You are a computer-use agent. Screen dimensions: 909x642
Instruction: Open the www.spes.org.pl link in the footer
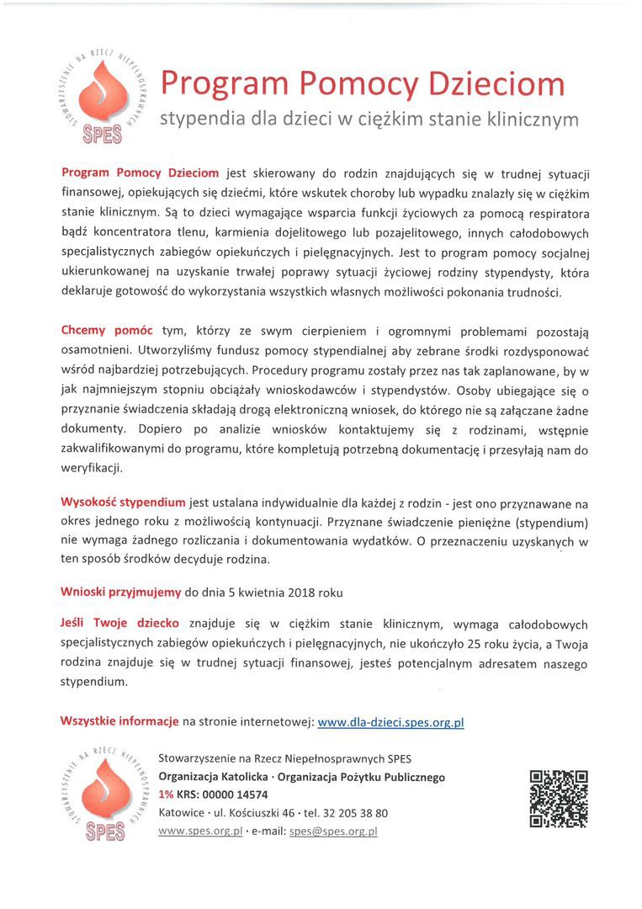[200, 831]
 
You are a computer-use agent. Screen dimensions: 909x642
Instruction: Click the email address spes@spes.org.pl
[332, 831]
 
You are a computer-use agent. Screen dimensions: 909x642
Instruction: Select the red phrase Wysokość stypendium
[123, 502]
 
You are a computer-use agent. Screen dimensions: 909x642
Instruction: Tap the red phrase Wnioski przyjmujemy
[120, 592]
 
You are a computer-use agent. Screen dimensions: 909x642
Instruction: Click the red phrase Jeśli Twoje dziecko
[119, 624]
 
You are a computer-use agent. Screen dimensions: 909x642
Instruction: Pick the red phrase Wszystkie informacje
[119, 722]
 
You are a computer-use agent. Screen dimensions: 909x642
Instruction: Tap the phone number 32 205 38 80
[351, 813]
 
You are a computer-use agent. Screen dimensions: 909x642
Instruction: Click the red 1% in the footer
[166, 795]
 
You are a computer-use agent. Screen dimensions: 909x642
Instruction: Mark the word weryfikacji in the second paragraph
[92, 467]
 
